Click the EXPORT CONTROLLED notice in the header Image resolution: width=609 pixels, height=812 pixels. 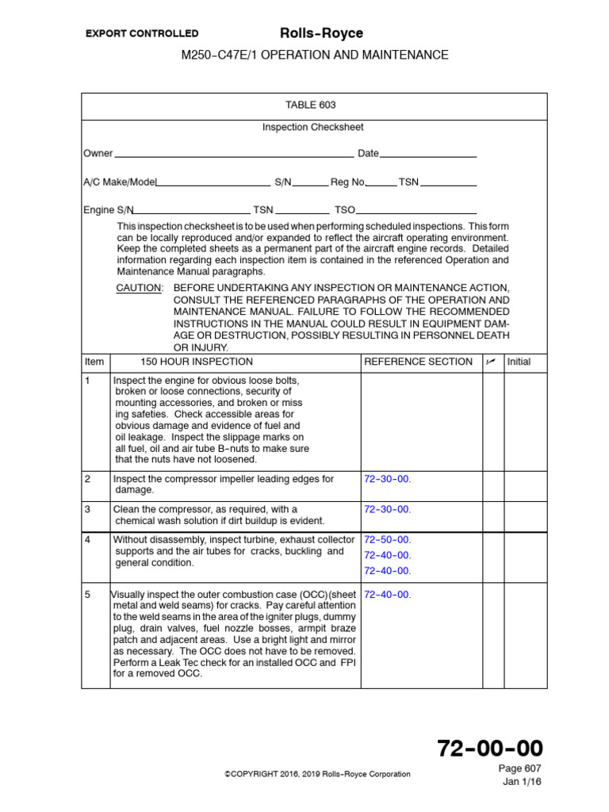142,33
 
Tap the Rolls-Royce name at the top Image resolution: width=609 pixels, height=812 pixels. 322,33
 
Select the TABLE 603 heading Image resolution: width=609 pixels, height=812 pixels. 305,105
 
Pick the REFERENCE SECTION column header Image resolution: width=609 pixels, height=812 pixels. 418,362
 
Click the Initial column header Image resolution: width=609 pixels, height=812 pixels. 519,362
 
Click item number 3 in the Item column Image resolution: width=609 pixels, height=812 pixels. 87,509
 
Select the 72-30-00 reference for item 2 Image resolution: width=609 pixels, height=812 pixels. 387,479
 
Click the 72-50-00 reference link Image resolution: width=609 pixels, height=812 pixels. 387,539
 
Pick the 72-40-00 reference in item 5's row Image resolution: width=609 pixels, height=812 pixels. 387,594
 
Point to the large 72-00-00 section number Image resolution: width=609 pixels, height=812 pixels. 490,748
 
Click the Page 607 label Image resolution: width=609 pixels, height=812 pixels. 520,768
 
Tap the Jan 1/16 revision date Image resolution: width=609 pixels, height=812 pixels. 523,782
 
